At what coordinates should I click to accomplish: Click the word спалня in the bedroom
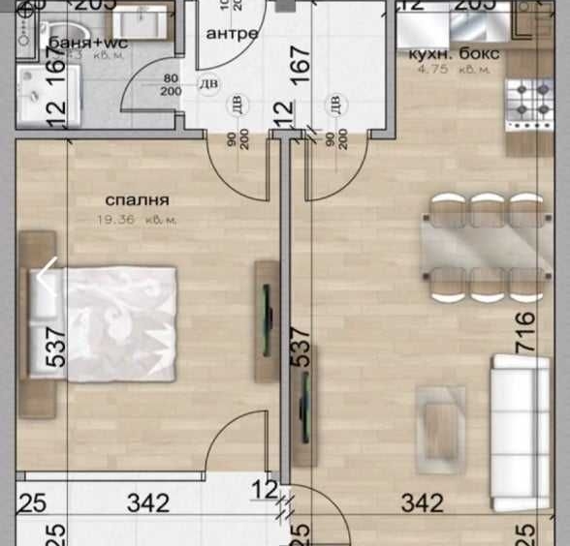pyautogui.click(x=138, y=201)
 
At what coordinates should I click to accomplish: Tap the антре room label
pyautogui.click(x=233, y=33)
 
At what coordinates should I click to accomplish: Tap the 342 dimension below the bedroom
pyautogui.click(x=147, y=503)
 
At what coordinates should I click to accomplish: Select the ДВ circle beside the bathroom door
pyautogui.click(x=207, y=85)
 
